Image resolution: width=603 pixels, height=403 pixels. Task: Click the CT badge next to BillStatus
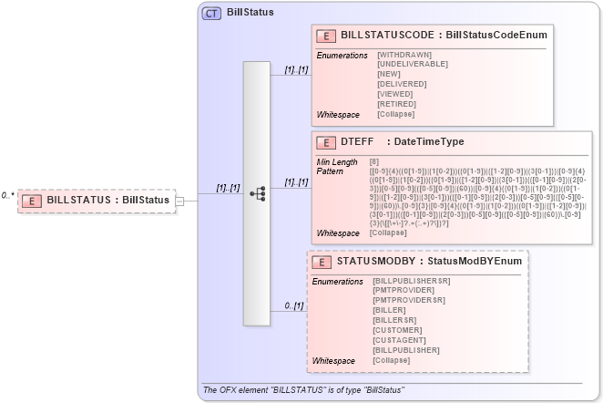[211, 13]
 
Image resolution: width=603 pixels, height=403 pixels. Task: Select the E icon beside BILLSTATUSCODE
[324, 35]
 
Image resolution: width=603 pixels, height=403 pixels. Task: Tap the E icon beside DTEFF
[324, 142]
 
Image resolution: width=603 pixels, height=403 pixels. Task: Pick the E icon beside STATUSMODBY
[321, 262]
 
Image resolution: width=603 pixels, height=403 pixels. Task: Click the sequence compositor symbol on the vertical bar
[258, 193]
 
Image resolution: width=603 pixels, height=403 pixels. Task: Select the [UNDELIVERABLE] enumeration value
[413, 64]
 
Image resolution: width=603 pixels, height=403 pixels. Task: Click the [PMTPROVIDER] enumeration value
[404, 291]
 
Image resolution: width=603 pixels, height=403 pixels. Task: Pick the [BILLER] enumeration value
[391, 309]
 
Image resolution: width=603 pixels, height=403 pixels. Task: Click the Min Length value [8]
[374, 161]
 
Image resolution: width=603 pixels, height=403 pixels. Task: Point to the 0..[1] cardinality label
[292, 305]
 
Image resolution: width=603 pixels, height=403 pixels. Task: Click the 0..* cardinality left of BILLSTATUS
[7, 195]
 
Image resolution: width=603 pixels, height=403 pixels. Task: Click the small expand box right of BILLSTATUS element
[179, 201]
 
